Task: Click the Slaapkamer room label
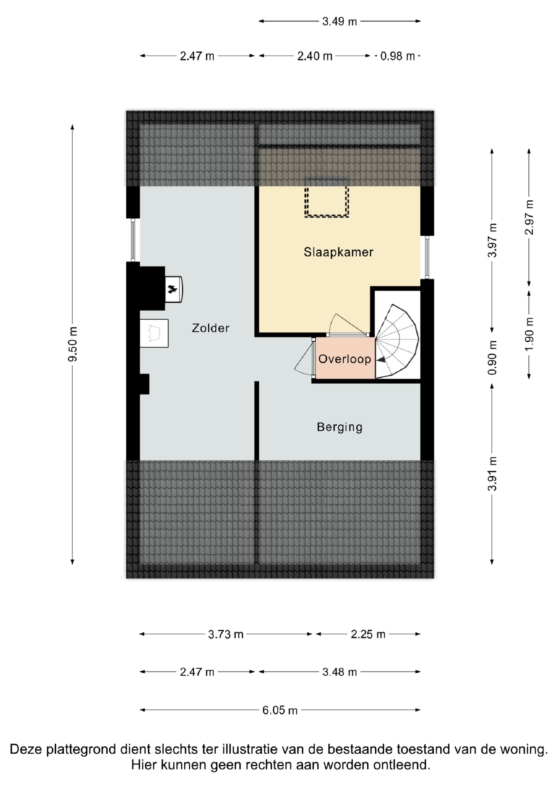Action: pos(338,252)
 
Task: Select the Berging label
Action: pos(340,427)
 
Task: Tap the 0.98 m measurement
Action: pos(398,56)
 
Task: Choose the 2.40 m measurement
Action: pos(315,56)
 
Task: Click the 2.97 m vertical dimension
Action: pos(529,217)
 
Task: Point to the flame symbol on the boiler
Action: pos(172,289)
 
